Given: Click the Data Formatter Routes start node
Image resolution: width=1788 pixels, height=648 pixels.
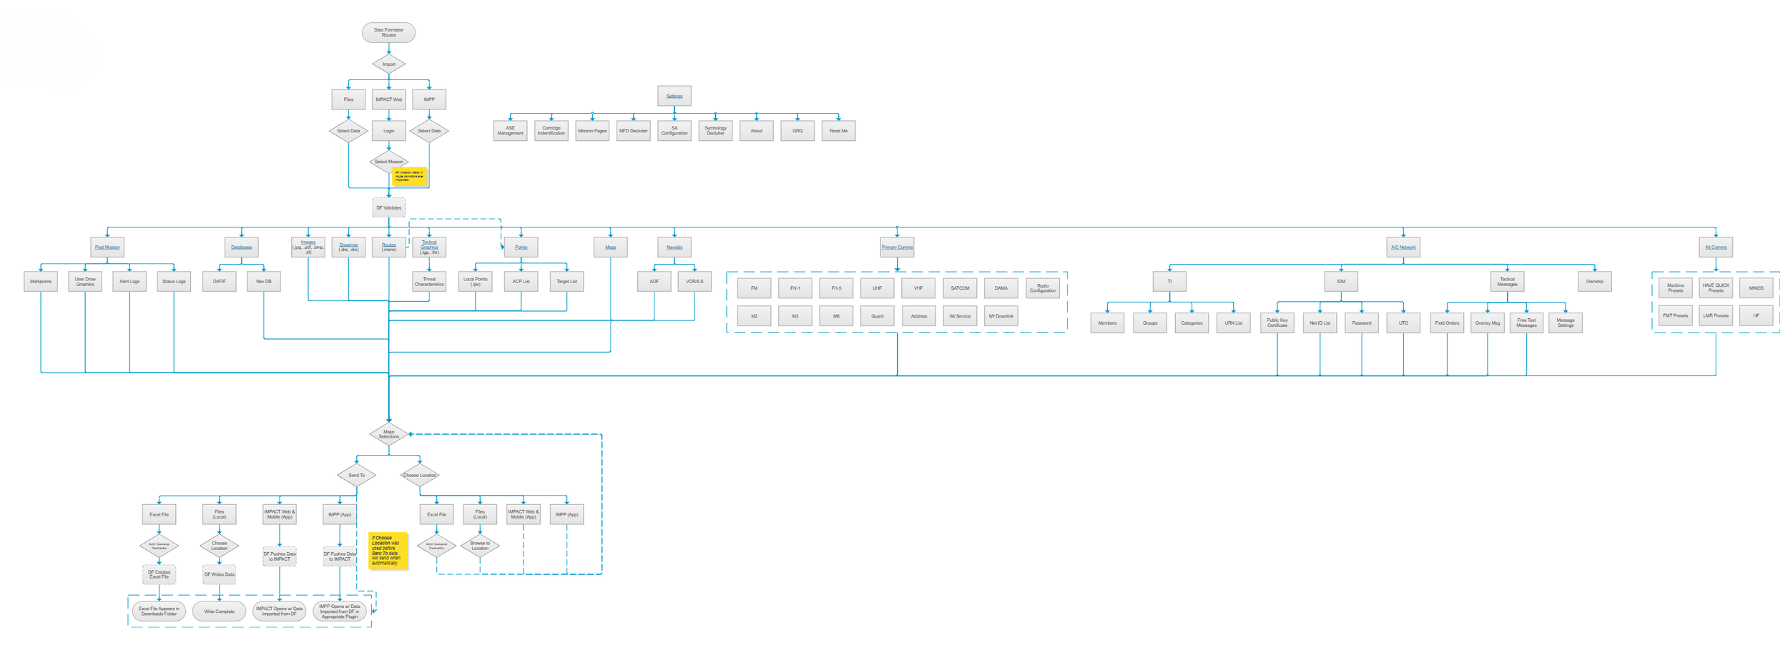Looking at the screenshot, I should point(388,32).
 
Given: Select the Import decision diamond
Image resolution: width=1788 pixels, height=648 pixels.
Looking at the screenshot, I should point(388,64).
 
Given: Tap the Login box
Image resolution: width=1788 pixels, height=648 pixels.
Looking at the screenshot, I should point(388,131).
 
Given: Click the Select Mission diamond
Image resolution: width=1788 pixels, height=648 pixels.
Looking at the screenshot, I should point(388,162).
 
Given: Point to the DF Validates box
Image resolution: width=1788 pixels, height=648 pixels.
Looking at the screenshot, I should point(388,208).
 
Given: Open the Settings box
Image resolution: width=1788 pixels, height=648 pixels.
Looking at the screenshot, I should point(674,96).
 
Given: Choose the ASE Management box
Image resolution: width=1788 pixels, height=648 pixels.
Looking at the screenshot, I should point(510,131).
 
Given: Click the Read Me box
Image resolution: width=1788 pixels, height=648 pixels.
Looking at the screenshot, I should point(838,131).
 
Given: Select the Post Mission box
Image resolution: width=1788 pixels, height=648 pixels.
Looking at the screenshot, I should point(107,247).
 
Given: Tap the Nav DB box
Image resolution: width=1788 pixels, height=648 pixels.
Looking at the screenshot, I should point(264,282).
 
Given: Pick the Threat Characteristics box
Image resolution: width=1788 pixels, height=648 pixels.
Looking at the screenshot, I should point(429,282).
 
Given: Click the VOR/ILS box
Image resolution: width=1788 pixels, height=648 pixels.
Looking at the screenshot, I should point(694,282).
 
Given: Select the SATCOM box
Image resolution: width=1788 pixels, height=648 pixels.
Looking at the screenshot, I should point(960,288).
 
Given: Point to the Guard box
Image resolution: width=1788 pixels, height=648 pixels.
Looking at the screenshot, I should point(877,316).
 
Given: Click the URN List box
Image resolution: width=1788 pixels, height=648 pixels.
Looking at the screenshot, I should point(1233,323).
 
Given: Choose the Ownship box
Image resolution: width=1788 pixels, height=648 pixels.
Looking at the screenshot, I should point(1594,282).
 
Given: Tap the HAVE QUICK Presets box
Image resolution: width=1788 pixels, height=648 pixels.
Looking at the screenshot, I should point(1716,288).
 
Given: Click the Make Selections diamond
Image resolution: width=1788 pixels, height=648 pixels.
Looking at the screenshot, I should point(388,434).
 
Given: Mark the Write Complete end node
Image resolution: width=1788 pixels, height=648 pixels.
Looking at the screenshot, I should point(219,612).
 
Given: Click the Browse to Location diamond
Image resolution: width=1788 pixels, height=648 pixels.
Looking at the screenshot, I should point(480,546).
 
